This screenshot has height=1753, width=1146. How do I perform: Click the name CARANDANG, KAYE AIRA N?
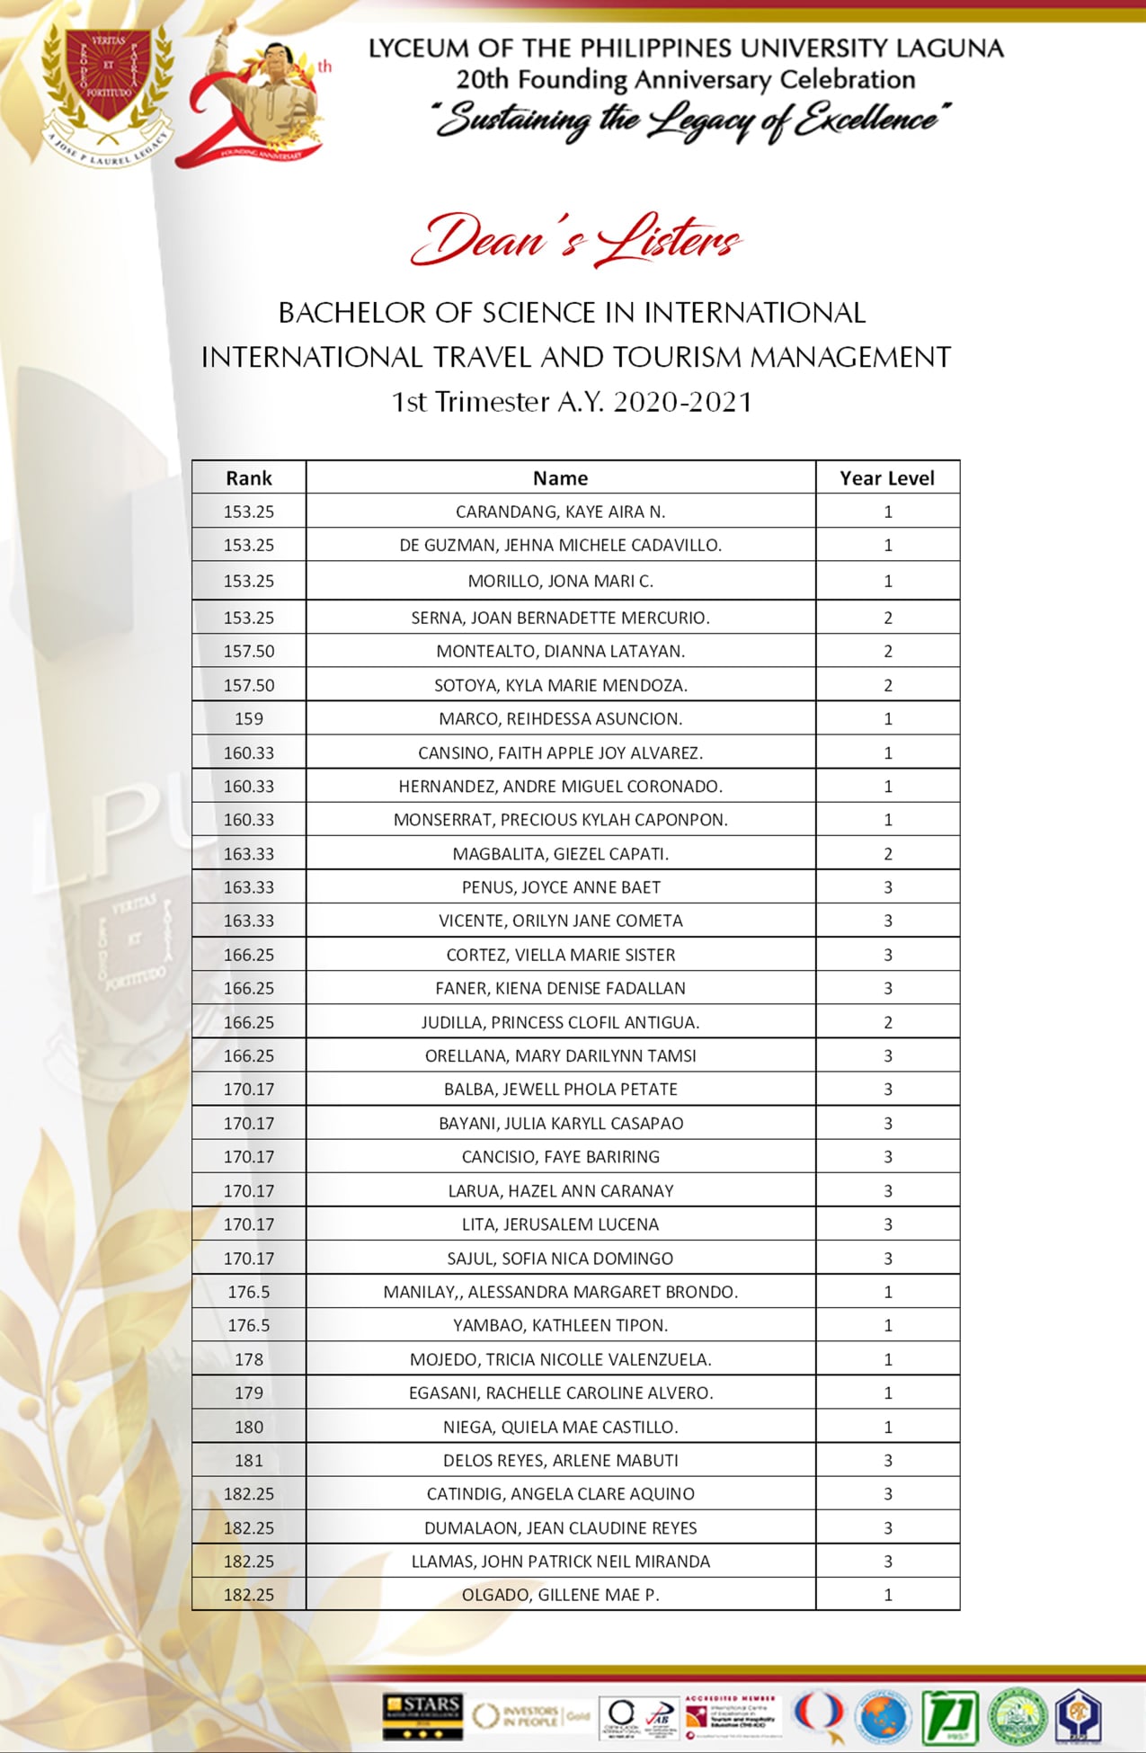(x=560, y=512)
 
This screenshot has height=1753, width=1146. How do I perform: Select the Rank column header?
(x=249, y=478)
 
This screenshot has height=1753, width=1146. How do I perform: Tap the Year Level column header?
(x=887, y=478)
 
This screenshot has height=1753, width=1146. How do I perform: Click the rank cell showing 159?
(x=249, y=719)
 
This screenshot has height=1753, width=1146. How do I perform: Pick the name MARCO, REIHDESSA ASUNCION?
(x=560, y=719)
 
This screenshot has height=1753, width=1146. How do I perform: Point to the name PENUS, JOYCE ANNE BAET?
(x=560, y=887)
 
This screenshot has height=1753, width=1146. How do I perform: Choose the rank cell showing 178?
(x=249, y=1359)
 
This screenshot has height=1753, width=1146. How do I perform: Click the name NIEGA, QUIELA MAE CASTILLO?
(x=560, y=1427)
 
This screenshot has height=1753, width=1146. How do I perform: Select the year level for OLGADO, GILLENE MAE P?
(x=887, y=1595)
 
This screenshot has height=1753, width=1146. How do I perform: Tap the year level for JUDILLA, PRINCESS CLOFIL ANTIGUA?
(x=887, y=1022)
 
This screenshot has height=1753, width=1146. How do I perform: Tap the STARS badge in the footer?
(x=422, y=1715)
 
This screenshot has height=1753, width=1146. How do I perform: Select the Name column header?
(x=560, y=478)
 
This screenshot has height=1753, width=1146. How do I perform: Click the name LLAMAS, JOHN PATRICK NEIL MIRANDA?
(x=560, y=1562)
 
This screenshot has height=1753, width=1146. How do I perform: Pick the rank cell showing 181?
(x=249, y=1461)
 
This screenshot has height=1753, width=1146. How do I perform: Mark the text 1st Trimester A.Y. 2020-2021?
(x=572, y=401)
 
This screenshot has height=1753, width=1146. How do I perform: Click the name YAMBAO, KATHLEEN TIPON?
(x=560, y=1325)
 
